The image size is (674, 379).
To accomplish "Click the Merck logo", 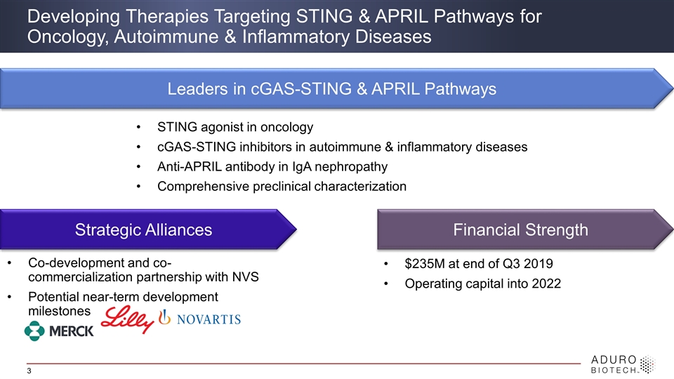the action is click(x=59, y=331).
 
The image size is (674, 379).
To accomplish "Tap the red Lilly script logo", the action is click(x=128, y=319).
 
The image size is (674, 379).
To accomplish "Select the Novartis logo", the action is click(x=200, y=319).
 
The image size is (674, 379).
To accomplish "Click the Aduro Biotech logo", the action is click(x=623, y=364).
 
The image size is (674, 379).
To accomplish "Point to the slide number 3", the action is click(x=29, y=371).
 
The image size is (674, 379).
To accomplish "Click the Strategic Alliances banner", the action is click(x=148, y=230).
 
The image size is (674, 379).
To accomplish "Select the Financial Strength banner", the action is click(x=525, y=230).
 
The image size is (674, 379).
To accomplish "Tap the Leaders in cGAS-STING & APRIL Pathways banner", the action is click(x=337, y=88).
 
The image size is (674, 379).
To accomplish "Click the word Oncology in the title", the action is click(x=67, y=37).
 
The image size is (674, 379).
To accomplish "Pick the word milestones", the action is click(x=59, y=311).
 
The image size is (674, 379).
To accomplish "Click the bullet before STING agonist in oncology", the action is click(x=138, y=127).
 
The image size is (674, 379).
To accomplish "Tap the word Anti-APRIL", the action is click(x=190, y=167).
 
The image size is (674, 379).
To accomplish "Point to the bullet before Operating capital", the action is click(x=386, y=284).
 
